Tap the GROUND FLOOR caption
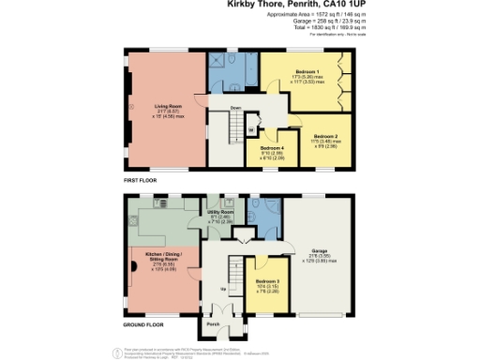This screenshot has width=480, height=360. [x=144, y=324]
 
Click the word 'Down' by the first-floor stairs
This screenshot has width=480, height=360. [x=235, y=107]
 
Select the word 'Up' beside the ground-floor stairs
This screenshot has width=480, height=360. [x=221, y=289]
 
